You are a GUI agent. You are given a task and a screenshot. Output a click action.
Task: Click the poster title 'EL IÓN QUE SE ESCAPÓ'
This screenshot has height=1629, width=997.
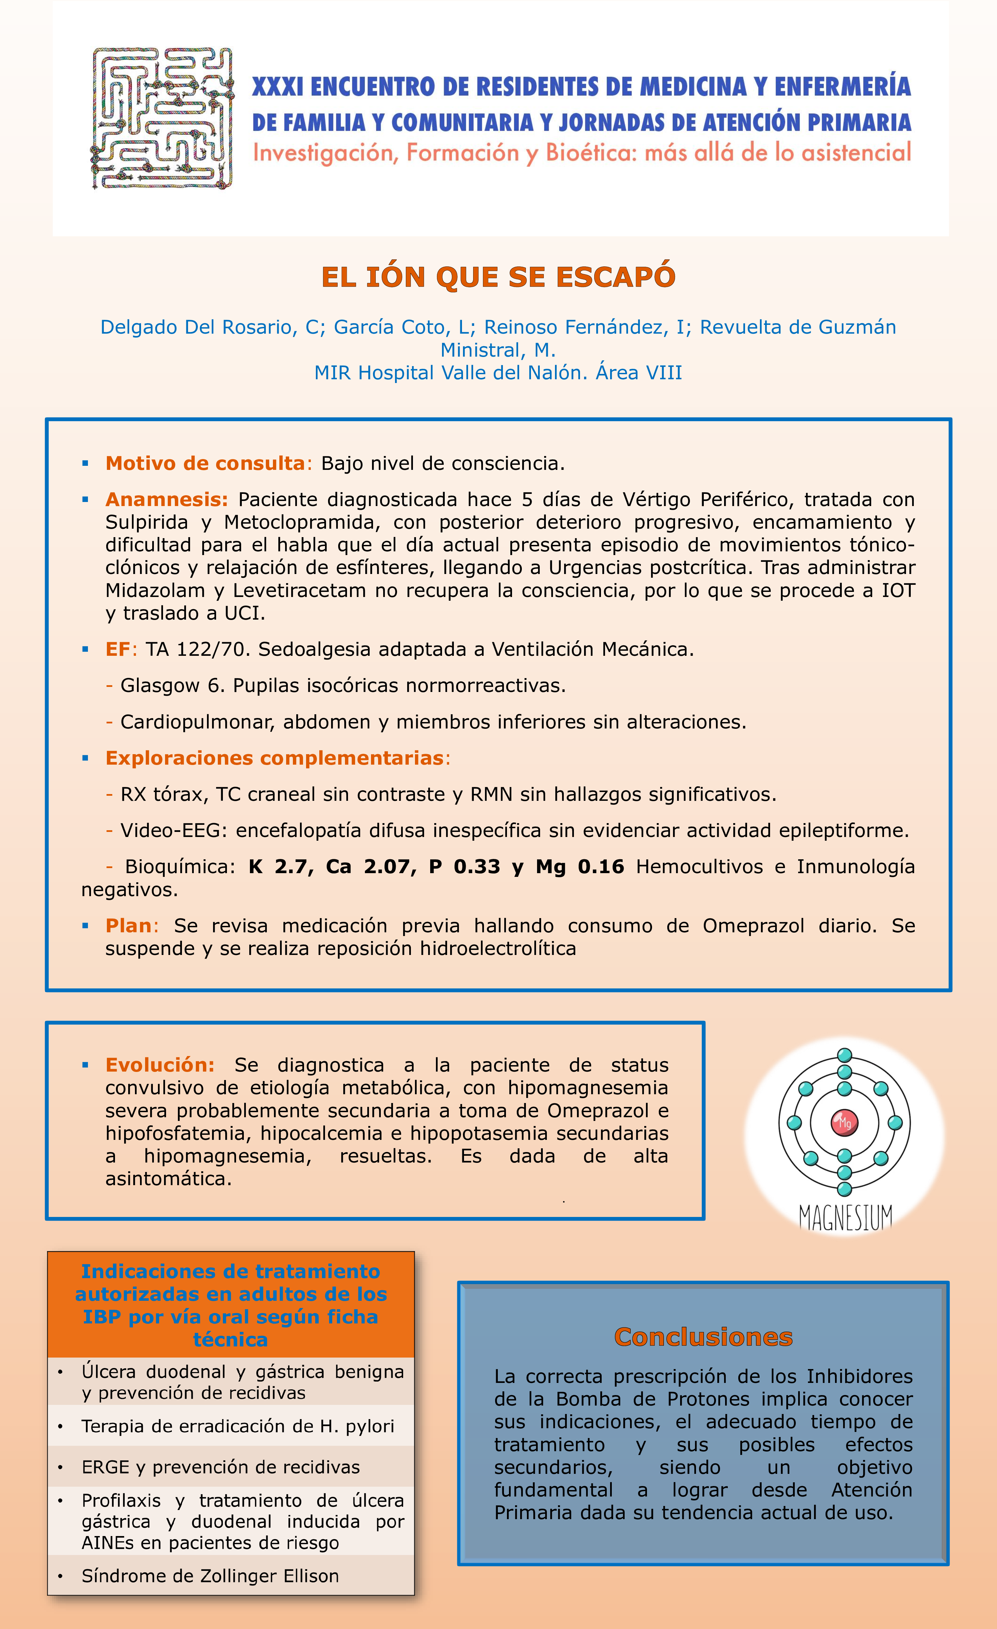498,277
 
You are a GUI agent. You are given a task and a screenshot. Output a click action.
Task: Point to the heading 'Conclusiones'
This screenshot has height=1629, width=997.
703,1337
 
